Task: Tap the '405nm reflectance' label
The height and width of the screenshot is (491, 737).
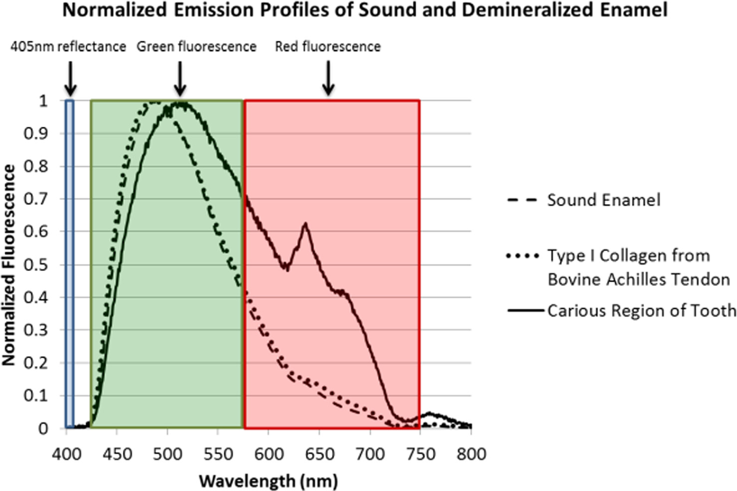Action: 68,47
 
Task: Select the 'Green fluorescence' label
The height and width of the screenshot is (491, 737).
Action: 196,47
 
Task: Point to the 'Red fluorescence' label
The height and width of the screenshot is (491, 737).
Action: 328,47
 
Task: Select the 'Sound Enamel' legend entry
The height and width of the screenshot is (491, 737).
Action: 603,200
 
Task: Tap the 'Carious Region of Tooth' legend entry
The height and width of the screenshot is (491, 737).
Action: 641,310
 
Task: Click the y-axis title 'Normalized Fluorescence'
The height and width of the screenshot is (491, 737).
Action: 8,265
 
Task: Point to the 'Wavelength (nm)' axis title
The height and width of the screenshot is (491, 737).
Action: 268,481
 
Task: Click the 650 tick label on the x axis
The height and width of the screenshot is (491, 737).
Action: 319,454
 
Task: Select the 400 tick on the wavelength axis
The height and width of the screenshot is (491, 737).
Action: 66,454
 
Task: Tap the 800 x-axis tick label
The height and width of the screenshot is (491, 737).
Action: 471,454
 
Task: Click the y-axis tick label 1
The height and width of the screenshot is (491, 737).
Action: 43,101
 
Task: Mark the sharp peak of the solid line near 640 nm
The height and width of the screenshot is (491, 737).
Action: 305,224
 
